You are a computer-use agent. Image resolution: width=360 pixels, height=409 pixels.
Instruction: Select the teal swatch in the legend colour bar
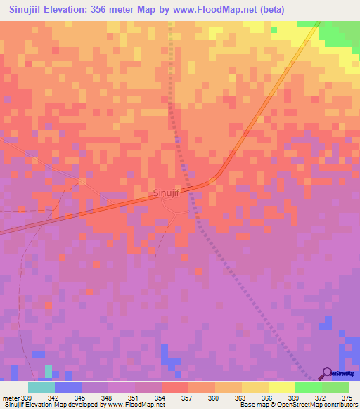pyautogui.click(x=41, y=387)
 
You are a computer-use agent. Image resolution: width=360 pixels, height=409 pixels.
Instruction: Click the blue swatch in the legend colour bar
pyautogui.click(x=68, y=387)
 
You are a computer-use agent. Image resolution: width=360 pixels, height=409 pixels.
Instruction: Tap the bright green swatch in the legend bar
pyautogui.click(x=309, y=387)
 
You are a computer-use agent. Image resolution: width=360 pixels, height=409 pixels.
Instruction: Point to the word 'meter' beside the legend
pyautogui.click(x=12, y=397)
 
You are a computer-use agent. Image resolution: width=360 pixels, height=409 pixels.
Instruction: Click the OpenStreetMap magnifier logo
pyautogui.click(x=326, y=373)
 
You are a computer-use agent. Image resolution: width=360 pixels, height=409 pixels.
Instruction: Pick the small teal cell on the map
pyautogui.click(x=48, y=370)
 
